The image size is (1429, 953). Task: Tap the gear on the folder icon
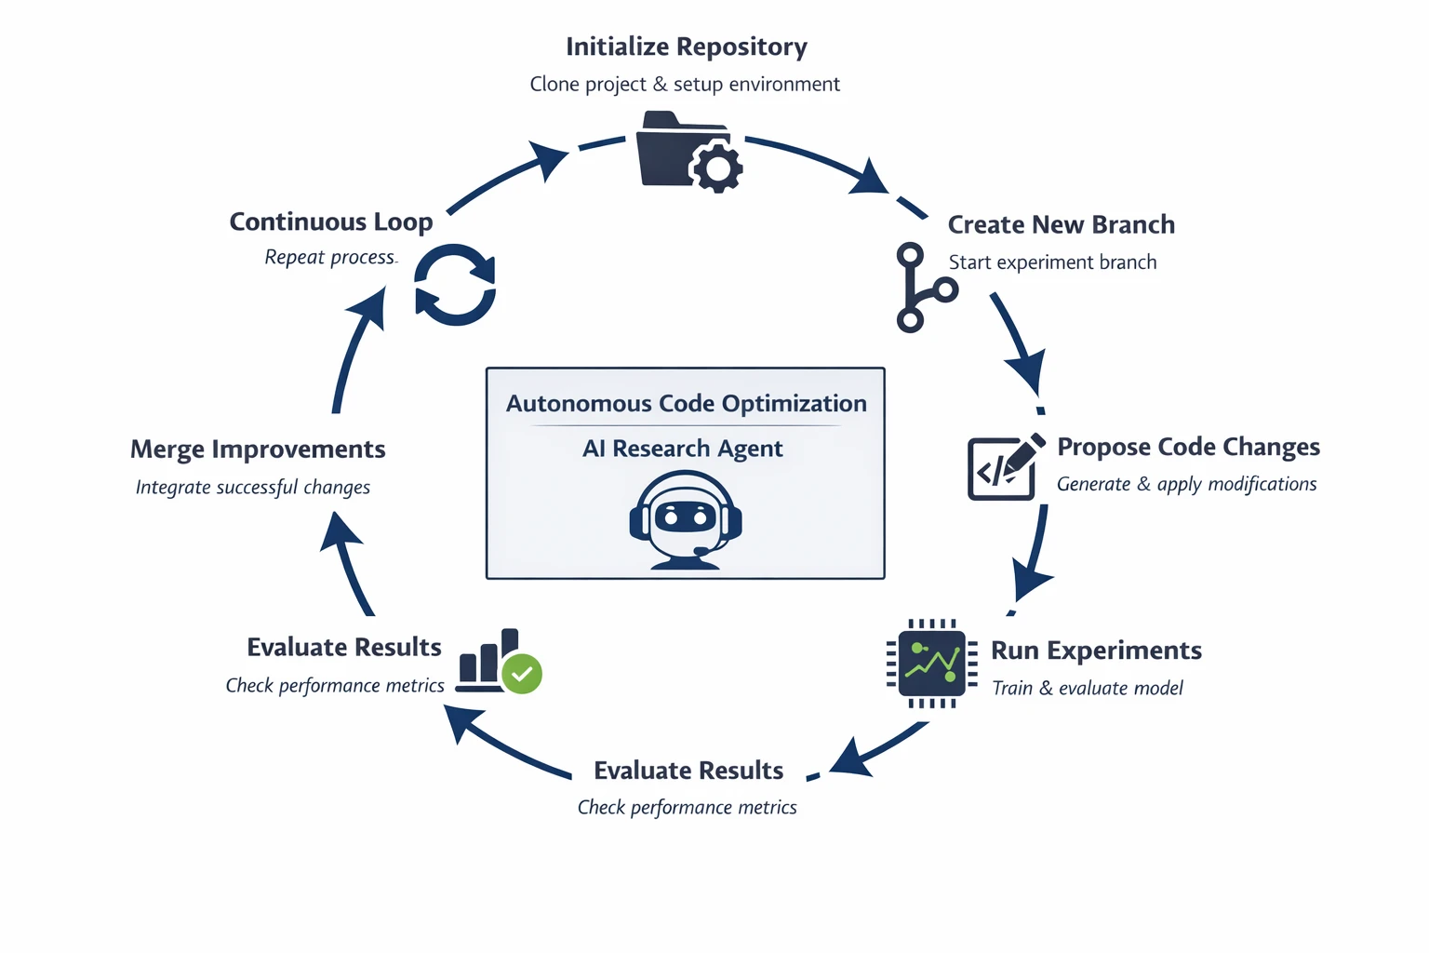tap(716, 168)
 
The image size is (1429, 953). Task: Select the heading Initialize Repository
tap(686, 47)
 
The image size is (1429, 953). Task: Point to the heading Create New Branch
tap(1061, 225)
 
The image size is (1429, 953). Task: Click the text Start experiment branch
tap(1052, 262)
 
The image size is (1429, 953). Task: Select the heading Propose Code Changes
tap(1188, 447)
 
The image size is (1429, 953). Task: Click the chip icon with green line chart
tap(931, 663)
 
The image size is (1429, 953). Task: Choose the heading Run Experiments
tap(1096, 651)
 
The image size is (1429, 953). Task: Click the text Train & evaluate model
tap(1087, 689)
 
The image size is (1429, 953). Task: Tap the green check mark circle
tap(522, 674)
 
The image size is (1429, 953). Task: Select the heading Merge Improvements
tap(258, 450)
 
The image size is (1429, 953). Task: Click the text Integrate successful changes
tap(252, 488)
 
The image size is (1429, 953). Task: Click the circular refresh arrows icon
tap(455, 285)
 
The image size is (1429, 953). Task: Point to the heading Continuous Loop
tap(330, 222)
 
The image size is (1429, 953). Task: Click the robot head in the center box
tap(686, 517)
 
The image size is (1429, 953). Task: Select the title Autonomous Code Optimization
tap(686, 404)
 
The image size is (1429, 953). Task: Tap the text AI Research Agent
tap(682, 449)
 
